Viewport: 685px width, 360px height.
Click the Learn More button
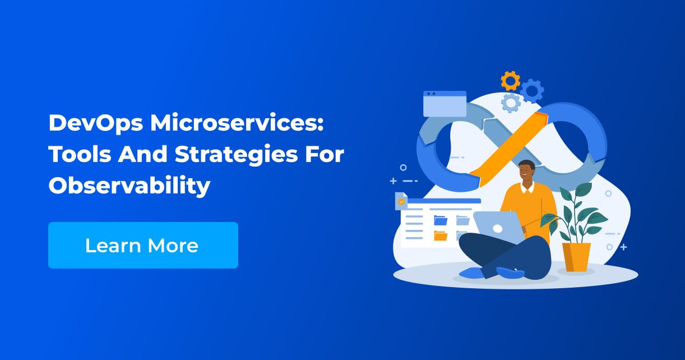pyautogui.click(x=143, y=245)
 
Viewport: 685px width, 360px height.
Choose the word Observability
pyautogui.click(x=129, y=186)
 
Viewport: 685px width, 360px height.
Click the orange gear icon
pyautogui.click(x=510, y=81)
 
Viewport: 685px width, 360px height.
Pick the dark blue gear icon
pyautogui.click(x=531, y=90)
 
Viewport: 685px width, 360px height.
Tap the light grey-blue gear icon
pyautogui.click(x=511, y=103)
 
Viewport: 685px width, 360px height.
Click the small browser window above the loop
pyautogui.click(x=445, y=104)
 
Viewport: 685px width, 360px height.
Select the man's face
pyautogui.click(x=526, y=173)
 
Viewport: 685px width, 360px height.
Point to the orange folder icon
pyautogui.click(x=441, y=236)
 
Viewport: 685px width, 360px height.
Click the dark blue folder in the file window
pyautogui.click(x=441, y=220)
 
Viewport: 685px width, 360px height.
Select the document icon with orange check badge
pyautogui.click(x=401, y=201)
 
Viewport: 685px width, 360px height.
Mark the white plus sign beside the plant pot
pyautogui.click(x=623, y=247)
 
